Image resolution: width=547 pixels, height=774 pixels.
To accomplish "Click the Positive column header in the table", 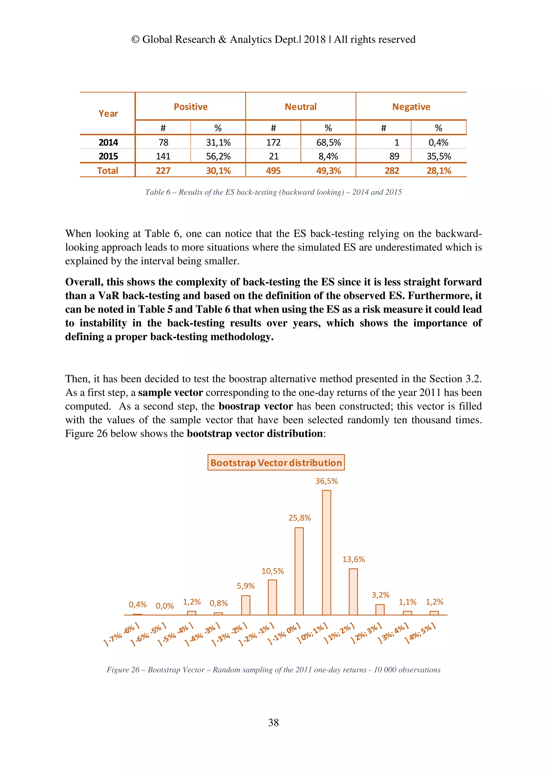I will tap(190, 107).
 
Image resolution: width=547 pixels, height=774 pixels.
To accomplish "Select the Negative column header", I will tap(411, 107).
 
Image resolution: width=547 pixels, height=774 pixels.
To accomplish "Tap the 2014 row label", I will tap(108, 142).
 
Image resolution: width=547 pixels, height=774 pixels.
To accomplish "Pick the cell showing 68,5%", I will tap(328, 142).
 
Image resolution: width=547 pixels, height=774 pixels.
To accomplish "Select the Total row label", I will tap(108, 171).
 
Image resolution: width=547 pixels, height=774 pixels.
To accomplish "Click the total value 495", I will tap(273, 171).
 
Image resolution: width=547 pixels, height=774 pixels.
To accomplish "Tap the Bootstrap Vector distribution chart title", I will tap(276, 463).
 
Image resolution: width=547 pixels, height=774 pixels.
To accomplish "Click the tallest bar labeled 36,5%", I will tap(326, 553).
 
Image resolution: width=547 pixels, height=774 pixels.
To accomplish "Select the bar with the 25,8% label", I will tap(299, 571).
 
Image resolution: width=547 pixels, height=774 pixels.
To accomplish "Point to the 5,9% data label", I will tap(246, 586).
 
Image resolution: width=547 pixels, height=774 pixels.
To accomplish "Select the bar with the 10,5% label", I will tap(272, 597).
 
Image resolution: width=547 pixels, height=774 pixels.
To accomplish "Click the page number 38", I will tap(273, 722).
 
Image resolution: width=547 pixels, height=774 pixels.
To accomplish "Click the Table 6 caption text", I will tap(273, 192).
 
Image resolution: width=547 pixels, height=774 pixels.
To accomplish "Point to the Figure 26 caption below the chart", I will tap(273, 670).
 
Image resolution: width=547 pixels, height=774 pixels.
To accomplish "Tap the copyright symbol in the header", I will tap(135, 40).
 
